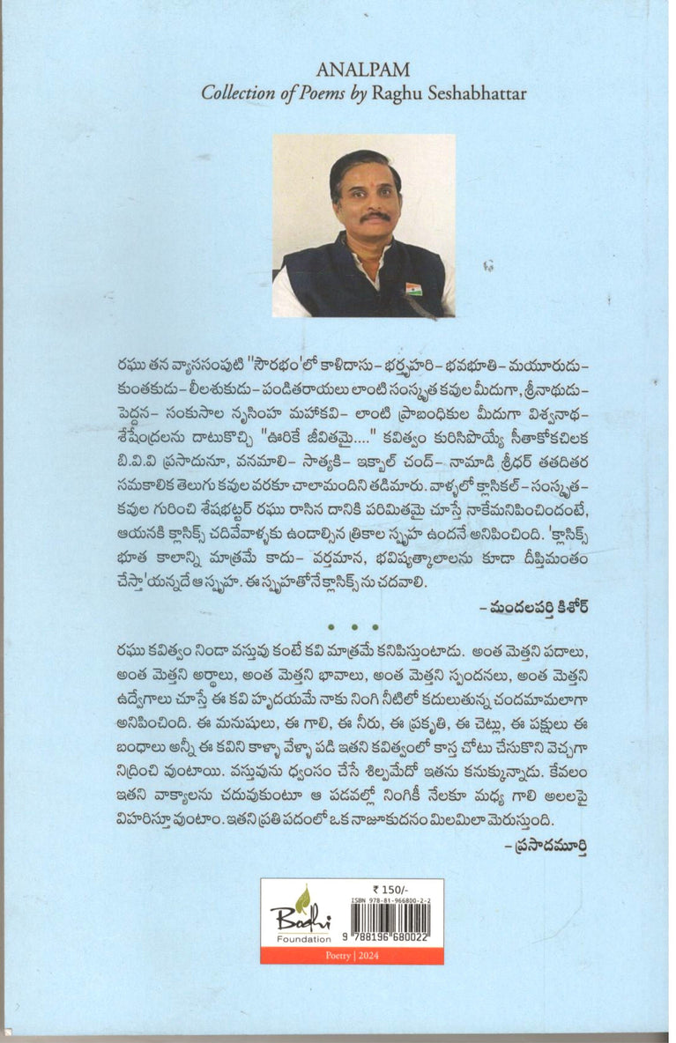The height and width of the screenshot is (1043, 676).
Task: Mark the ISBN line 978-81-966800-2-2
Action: click(x=391, y=900)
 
